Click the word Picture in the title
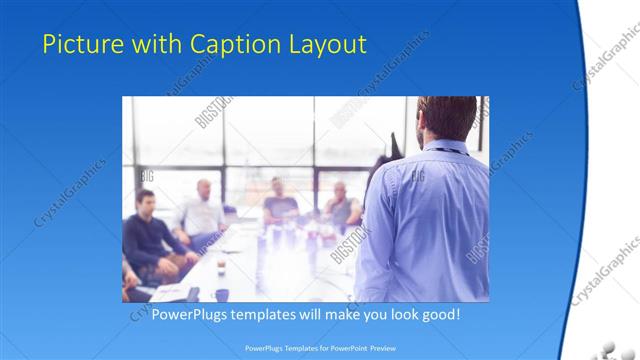[x=79, y=44]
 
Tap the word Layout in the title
[x=328, y=44]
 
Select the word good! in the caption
[x=439, y=314]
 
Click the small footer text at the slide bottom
[x=320, y=349]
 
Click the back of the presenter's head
[x=447, y=117]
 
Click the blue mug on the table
[x=221, y=294]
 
